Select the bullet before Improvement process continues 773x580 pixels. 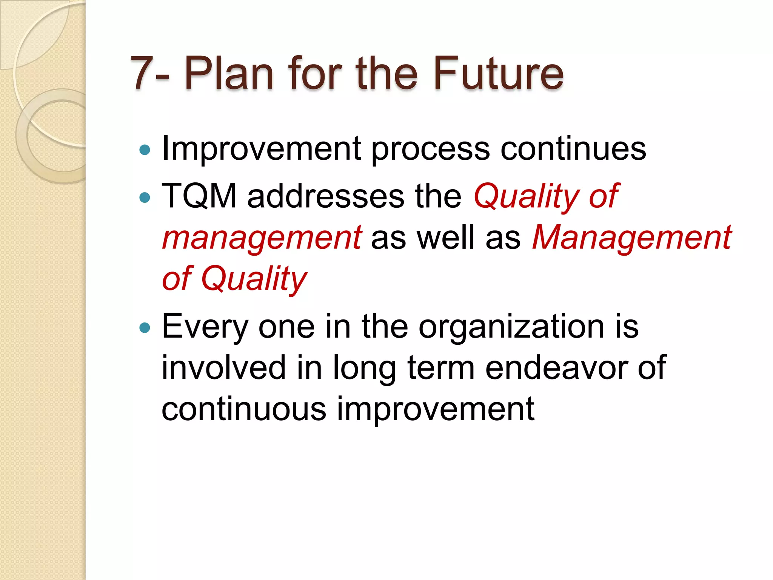coord(145,150)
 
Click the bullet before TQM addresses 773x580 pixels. coord(145,197)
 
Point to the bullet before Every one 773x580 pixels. coord(145,328)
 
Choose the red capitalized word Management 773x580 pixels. coord(631,237)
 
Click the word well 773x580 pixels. coord(445,237)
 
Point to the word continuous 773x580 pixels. coord(243,409)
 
